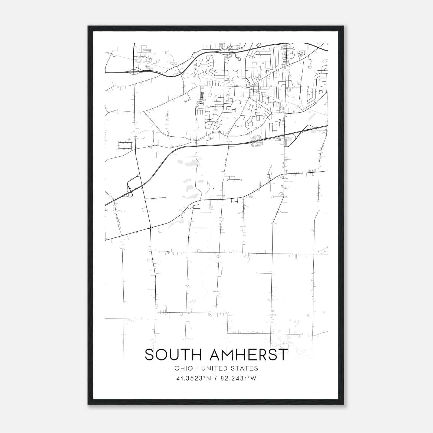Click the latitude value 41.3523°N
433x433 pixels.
coord(193,378)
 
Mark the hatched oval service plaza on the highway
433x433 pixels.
coord(256,141)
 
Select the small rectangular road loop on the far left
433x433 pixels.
coord(125,146)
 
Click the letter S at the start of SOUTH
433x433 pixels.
coord(149,355)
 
